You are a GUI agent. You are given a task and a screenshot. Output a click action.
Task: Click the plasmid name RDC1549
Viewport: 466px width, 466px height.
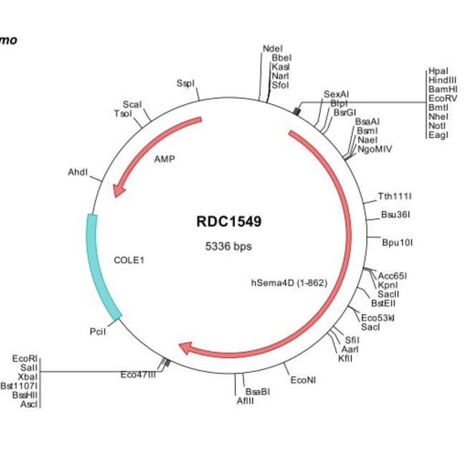[229, 222]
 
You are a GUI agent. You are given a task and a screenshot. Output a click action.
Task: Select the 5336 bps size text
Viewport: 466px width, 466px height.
[229, 247]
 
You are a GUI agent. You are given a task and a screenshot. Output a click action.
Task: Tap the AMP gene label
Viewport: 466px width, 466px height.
[165, 159]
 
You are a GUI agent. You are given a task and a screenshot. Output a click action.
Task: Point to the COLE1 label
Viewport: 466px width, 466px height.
[129, 260]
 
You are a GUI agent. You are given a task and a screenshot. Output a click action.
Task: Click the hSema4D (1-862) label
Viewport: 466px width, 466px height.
[289, 282]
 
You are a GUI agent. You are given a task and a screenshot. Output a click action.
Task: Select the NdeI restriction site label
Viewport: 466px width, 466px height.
[272, 49]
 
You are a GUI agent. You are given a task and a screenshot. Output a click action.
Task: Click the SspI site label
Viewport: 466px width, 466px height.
[185, 83]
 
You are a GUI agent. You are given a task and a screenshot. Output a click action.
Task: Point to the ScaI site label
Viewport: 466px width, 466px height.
[132, 105]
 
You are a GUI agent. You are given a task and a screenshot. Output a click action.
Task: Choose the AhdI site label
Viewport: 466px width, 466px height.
[78, 172]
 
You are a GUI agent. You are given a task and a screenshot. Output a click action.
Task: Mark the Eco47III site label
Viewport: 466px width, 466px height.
[138, 374]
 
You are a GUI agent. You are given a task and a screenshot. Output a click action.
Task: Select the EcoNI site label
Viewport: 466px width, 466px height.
[303, 380]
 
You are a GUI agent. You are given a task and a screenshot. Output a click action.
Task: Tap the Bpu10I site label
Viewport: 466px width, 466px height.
[397, 242]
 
